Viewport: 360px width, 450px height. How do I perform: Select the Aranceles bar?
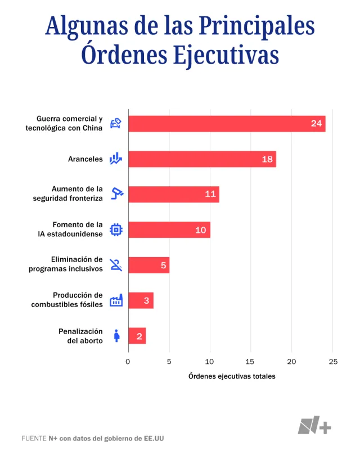202,159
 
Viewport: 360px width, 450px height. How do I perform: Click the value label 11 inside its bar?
210,195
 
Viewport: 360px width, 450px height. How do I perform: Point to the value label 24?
317,124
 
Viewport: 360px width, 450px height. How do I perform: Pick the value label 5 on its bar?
163,265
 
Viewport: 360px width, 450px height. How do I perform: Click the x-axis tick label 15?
251,362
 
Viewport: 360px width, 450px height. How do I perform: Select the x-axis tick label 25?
333,362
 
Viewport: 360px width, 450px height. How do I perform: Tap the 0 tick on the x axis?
128,362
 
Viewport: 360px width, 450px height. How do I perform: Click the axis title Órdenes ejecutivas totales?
232,376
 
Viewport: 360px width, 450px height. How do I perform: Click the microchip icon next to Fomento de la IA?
116,229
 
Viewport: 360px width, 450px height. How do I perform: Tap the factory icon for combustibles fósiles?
116,300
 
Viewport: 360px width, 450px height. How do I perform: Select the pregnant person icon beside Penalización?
116,336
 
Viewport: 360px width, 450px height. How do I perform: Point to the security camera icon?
116,194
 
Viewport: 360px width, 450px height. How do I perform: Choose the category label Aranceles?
85,159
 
